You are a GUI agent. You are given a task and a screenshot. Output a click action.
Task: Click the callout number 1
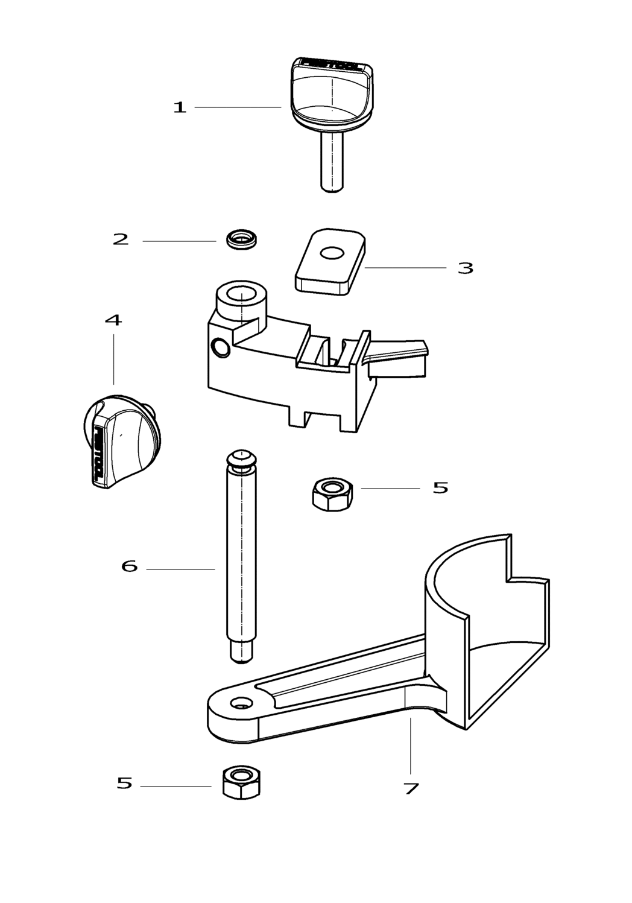(180, 108)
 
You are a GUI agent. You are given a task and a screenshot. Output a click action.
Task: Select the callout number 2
(121, 239)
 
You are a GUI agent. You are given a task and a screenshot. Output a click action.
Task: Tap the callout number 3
(465, 268)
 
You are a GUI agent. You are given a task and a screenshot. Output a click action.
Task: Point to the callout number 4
(113, 320)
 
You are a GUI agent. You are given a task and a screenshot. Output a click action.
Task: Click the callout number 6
(130, 566)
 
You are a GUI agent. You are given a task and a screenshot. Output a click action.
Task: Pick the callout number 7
(411, 788)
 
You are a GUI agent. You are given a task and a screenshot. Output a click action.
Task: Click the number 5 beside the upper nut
(440, 488)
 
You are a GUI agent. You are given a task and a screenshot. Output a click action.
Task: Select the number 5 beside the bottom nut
(124, 784)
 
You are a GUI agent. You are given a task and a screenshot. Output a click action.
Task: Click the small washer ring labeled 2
(241, 239)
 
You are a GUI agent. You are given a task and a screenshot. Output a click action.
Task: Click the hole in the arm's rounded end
(242, 703)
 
